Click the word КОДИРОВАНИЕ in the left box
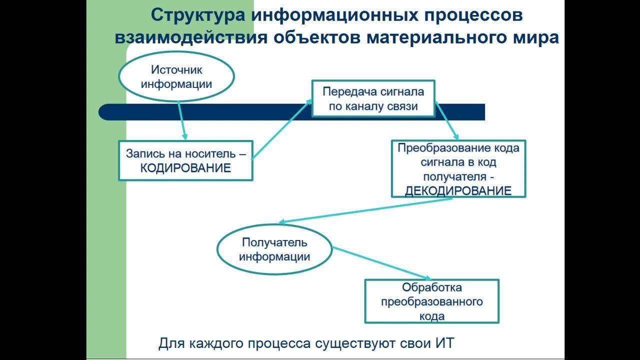tap(185, 168)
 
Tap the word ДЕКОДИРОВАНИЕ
tap(458, 190)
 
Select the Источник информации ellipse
tap(176, 77)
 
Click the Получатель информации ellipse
tap(274, 249)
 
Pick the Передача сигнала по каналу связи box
tap(373, 98)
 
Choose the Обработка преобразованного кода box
tap(431, 301)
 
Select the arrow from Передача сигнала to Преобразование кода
tap(446, 120)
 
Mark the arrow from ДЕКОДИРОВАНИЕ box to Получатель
tap(365, 210)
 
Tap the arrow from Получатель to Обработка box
tap(381, 263)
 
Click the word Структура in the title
tap(198, 15)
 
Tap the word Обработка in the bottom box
tap(431, 287)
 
